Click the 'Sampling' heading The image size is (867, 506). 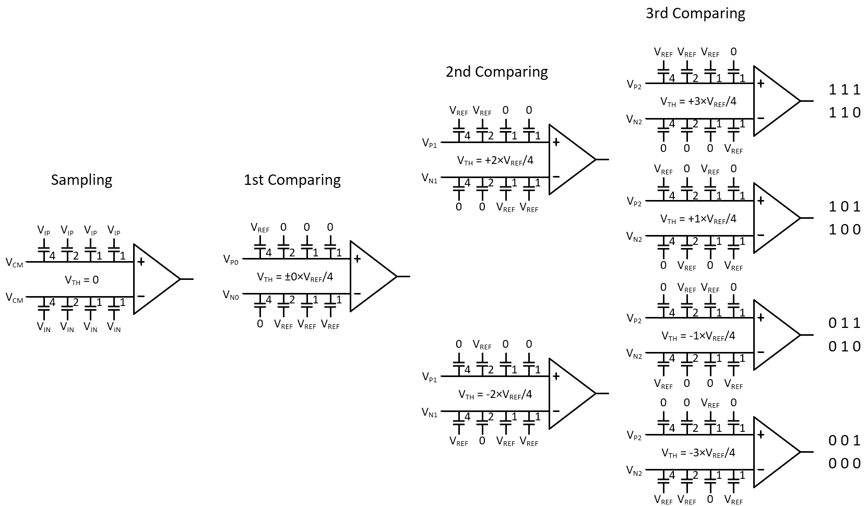pyautogui.click(x=81, y=180)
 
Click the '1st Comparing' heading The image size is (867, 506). pyautogui.click(x=292, y=180)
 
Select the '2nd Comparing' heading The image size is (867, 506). pyautogui.click(x=496, y=72)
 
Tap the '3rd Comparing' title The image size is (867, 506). pyautogui.click(x=695, y=13)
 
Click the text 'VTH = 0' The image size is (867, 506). pyautogui.click(x=81, y=280)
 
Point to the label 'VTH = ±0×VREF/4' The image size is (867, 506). pyautogui.click(x=295, y=277)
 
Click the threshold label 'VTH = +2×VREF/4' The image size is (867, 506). pyautogui.click(x=495, y=160)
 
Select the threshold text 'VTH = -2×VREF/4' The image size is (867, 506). pyautogui.click(x=495, y=394)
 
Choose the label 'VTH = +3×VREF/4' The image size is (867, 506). pyautogui.click(x=698, y=101)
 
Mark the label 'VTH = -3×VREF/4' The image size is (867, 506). pyautogui.click(x=698, y=453)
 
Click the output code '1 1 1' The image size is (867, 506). pyautogui.click(x=844, y=90)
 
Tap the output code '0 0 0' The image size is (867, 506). pyautogui.click(x=844, y=464)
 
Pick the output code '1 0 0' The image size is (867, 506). pyautogui.click(x=844, y=229)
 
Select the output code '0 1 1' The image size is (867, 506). pyautogui.click(x=844, y=323)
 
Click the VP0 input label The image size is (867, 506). pyautogui.click(x=230, y=260)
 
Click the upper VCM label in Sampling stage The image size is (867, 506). pyautogui.click(x=15, y=263)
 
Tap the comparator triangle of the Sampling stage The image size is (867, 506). pyautogui.click(x=154, y=279)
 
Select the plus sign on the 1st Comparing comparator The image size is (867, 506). pyautogui.click(x=357, y=258)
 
